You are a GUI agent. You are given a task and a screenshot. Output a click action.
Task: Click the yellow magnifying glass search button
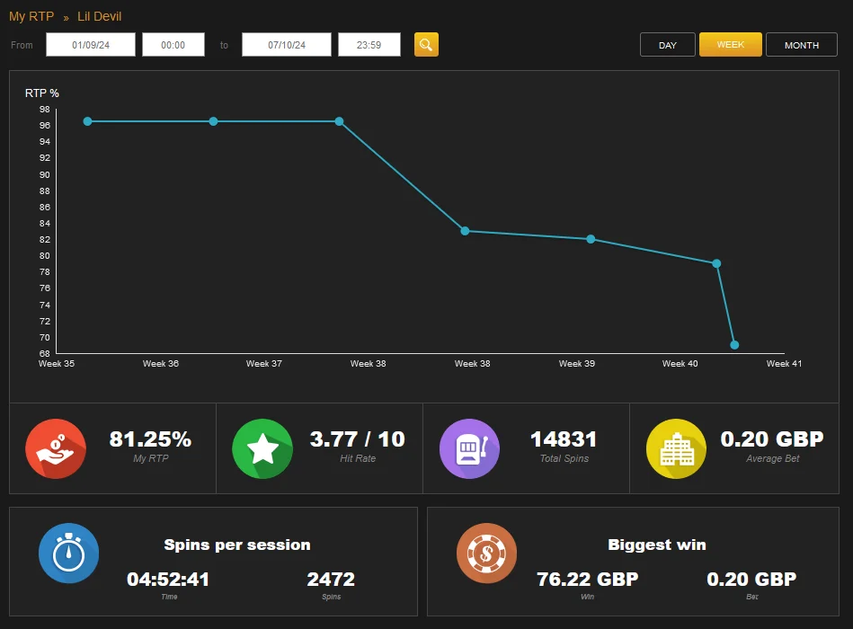[426, 45]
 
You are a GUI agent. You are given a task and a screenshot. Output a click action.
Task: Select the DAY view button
[668, 45]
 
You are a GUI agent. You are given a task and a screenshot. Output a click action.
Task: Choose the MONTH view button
[802, 45]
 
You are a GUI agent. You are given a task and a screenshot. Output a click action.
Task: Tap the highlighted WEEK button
[730, 45]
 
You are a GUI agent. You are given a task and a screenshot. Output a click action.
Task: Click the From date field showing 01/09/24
[91, 45]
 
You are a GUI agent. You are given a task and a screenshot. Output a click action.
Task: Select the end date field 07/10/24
[287, 45]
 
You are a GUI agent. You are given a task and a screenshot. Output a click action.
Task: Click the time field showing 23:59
[369, 45]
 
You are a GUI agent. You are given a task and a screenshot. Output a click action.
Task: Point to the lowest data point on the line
[734, 345]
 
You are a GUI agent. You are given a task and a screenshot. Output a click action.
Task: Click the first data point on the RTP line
[87, 121]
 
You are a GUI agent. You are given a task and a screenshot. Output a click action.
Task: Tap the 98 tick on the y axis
[45, 110]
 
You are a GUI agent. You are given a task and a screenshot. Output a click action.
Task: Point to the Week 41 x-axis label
[784, 364]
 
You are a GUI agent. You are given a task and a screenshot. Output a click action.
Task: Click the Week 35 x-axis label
[57, 364]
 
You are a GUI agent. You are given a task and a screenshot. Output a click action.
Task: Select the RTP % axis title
[42, 93]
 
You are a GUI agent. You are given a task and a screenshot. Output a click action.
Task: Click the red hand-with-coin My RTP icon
[56, 448]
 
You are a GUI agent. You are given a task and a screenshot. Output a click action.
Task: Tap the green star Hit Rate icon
[262, 448]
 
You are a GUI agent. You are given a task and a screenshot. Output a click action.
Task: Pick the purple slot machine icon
[469, 448]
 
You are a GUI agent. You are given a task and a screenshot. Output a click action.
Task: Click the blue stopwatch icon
[68, 553]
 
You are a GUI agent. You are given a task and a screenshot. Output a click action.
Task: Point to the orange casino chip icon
[486, 553]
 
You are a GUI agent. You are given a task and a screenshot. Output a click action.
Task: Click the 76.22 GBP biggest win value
[588, 580]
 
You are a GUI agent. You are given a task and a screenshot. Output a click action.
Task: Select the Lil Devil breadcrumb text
[99, 16]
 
